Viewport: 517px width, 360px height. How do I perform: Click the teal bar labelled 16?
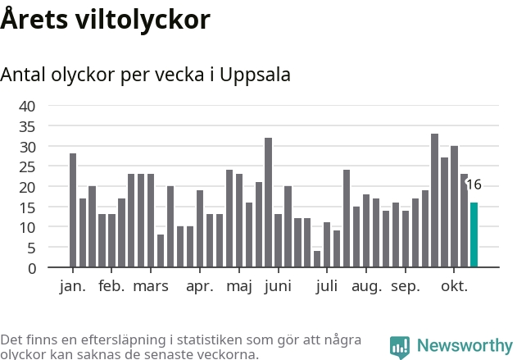point(474,235)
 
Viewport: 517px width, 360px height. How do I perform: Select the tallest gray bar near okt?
point(434,201)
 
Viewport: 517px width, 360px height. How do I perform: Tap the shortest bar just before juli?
point(317,259)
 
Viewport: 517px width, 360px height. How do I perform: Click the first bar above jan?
point(73,210)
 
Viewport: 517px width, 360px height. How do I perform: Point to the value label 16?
point(474,185)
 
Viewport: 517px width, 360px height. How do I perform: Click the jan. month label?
point(72,286)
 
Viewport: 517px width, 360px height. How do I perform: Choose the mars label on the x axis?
point(151,286)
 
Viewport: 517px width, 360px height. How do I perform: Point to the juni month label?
point(278,286)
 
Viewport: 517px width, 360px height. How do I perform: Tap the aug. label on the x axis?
point(367,286)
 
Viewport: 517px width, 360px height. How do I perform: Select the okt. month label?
point(454,286)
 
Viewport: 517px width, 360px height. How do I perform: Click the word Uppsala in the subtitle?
point(256,75)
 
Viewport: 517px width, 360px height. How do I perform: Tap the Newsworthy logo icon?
point(400,347)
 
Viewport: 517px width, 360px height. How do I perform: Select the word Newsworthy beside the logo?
point(465,346)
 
